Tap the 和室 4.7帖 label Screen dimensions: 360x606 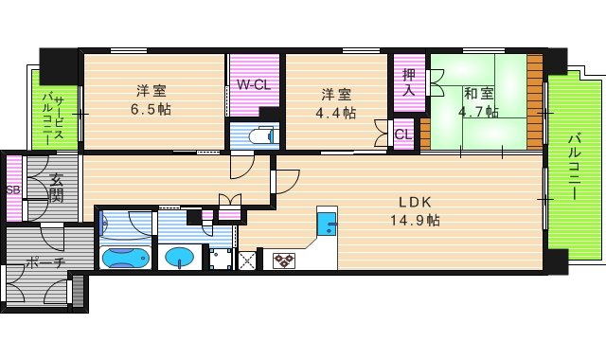click(x=477, y=101)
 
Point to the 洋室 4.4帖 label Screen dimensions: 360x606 click(x=336, y=102)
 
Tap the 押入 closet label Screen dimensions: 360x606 click(x=408, y=83)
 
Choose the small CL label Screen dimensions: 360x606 click(x=403, y=135)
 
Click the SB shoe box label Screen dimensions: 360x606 click(x=13, y=189)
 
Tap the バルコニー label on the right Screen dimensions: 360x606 click(x=574, y=166)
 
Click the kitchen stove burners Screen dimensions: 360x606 click(x=283, y=259)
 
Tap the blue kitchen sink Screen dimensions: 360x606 click(x=327, y=225)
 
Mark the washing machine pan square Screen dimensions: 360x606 click(x=222, y=258)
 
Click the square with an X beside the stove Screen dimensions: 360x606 click(x=249, y=259)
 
